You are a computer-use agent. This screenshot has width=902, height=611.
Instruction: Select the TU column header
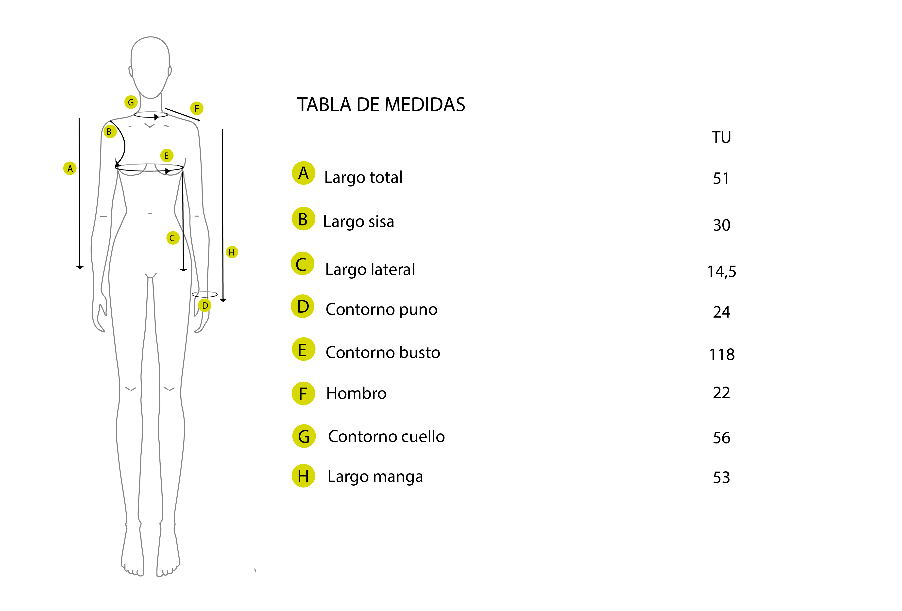pos(721,137)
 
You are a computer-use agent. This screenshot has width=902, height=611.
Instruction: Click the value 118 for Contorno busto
pos(722,355)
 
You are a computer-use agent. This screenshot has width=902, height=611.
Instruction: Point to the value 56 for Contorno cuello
pos(721,438)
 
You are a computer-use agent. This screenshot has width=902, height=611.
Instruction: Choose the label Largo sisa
pos(359,222)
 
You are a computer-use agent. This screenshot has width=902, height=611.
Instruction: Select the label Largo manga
pos(375,477)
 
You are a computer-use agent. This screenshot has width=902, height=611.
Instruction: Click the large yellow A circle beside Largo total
pos(304,173)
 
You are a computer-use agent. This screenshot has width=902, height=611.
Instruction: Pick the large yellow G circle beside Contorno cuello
pos(304,436)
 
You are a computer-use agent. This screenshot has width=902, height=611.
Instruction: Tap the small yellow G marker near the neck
pos(131,102)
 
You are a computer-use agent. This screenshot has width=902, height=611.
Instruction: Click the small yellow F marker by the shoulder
pos(197,108)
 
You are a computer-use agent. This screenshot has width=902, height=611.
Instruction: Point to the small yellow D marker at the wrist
pos(205,305)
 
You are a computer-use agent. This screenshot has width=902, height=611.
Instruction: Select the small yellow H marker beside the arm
pos(232,252)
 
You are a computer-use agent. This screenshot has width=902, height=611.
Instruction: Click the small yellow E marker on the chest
pos(167,156)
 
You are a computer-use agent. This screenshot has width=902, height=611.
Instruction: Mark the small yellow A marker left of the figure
pos(70,169)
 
